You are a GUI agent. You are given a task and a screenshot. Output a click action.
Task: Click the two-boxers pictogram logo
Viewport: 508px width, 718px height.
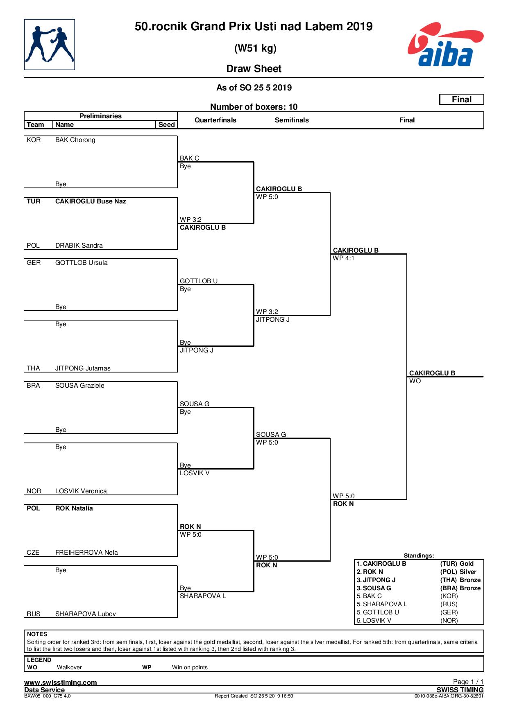(50, 45)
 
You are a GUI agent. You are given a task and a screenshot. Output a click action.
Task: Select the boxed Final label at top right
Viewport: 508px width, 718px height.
(462, 99)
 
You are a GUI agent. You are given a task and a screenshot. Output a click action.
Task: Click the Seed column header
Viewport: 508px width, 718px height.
(167, 124)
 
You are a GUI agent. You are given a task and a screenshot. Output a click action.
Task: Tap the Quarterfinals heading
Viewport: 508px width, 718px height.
(215, 120)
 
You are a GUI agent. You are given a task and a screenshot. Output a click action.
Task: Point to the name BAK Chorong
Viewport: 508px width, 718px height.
(75, 140)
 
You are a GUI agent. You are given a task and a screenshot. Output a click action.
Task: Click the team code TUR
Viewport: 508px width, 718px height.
(34, 201)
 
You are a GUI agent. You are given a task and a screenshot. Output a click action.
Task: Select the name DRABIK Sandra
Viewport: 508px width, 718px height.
(79, 246)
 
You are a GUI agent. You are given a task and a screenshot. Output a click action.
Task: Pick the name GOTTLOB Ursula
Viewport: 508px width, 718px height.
(82, 263)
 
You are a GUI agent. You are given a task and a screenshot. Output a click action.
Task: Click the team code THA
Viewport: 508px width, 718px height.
(34, 368)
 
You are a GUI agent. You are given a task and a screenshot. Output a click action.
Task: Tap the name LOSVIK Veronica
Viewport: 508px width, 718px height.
(81, 491)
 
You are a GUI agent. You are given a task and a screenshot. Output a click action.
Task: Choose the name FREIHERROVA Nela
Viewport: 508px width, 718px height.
(86, 553)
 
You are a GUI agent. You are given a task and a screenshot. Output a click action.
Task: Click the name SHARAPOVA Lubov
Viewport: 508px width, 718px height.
(86, 614)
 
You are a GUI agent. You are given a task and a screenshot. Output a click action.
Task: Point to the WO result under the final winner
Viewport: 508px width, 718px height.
(415, 381)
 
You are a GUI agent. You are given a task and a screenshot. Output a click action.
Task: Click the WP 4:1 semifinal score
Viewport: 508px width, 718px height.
(344, 258)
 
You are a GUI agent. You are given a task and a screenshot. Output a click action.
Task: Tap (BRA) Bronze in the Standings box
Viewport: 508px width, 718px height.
(460, 588)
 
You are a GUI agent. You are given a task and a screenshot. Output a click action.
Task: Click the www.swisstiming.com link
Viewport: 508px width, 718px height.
(61, 682)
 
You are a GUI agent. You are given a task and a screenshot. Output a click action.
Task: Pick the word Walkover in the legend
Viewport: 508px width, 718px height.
(69, 667)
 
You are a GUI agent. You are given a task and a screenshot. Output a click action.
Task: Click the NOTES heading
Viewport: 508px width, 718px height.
(37, 634)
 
